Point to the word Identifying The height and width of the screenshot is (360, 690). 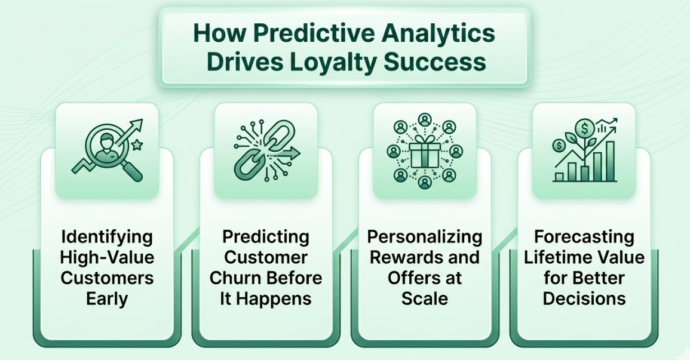pyautogui.click(x=107, y=237)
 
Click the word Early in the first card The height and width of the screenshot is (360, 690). pyautogui.click(x=107, y=298)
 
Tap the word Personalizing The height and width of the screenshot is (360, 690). pyautogui.click(x=425, y=237)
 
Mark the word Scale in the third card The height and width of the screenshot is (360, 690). pyautogui.click(x=425, y=298)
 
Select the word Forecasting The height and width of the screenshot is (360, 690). pyautogui.click(x=584, y=237)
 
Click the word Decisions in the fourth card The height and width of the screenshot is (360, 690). pyautogui.click(x=584, y=298)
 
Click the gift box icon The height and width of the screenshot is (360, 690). pyautogui.click(x=425, y=153)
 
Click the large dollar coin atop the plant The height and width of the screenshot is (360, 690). pyautogui.click(x=584, y=127)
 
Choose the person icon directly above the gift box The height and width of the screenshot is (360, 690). pyautogui.click(x=425, y=119)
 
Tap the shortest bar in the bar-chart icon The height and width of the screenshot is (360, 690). pyautogui.click(x=559, y=177)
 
